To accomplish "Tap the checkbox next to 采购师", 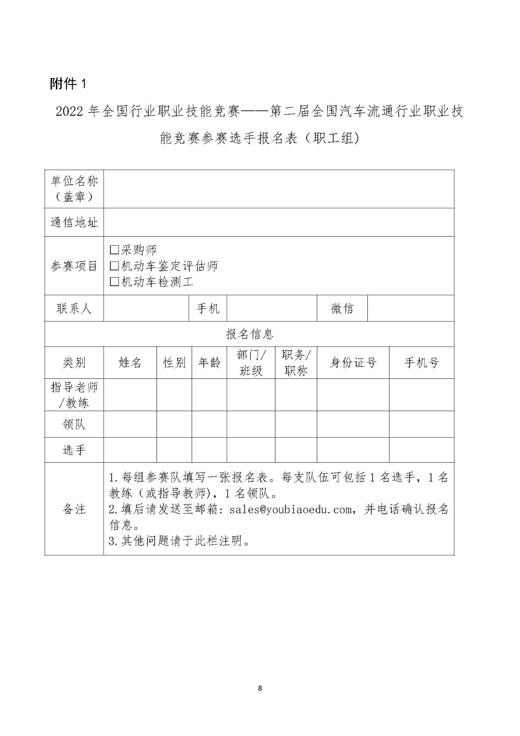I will click(114, 250).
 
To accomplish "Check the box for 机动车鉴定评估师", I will click(114, 266).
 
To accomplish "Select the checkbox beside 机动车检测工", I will click(114, 281).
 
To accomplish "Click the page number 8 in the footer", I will click(260, 688).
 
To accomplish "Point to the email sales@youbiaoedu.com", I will click(290, 509).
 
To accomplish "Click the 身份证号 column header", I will click(353, 362).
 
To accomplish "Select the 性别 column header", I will click(174, 362).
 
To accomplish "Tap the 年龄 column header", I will click(209, 362).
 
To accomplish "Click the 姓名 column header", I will click(130, 362).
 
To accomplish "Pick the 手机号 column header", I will click(421, 362).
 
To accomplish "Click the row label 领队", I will click(74, 424).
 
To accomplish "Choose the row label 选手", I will click(74, 450).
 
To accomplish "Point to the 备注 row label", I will click(74, 509).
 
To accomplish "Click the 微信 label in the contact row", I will click(342, 308).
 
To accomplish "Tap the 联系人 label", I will click(74, 308).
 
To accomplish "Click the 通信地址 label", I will click(74, 222).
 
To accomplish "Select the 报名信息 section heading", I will click(249, 334).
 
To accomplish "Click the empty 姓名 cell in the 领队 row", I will click(130, 424).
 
